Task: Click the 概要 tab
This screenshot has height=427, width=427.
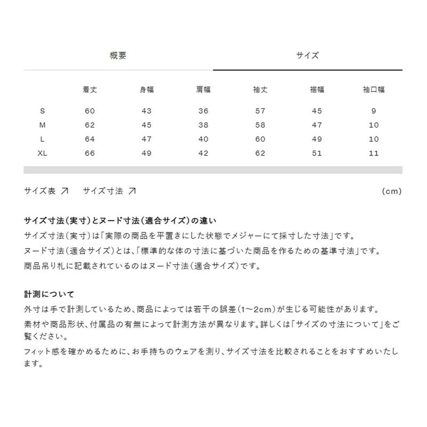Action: pos(118,55)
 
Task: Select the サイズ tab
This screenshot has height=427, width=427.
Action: pos(307,55)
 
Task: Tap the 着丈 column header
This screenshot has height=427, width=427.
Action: pos(89,90)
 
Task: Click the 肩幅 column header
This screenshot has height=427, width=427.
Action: pos(203,90)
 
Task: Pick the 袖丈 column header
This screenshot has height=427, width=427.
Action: pos(260,90)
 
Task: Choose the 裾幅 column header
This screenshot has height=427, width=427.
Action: pos(317,90)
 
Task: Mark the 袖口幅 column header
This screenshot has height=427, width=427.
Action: pos(374,90)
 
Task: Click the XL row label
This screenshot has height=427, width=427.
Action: pos(43,154)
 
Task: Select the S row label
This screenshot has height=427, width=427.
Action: pos(43,111)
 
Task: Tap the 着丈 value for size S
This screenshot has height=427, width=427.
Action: pos(89,111)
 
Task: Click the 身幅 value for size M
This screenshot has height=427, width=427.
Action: pos(146,125)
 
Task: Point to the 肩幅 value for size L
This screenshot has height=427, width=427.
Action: pos(203,139)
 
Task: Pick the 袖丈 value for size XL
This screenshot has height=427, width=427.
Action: pos(260,154)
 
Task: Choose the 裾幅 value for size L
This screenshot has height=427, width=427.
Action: pos(317,139)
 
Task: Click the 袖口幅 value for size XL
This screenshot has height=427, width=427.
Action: pos(374,154)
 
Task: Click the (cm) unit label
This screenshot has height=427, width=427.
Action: pos(392,191)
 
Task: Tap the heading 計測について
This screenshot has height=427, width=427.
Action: pos(49,294)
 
